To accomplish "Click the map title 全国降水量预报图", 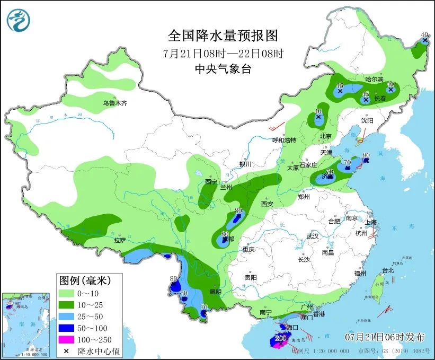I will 223,36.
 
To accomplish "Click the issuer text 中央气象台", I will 223,68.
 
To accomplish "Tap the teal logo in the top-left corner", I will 19,20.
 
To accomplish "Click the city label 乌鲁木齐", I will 115,103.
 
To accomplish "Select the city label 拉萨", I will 119,240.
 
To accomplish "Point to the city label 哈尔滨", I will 374,78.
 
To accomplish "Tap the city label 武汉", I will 313,235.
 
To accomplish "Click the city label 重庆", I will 249,249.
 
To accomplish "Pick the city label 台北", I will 388,270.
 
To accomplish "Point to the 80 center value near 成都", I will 225,234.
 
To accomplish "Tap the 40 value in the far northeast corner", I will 425,36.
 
